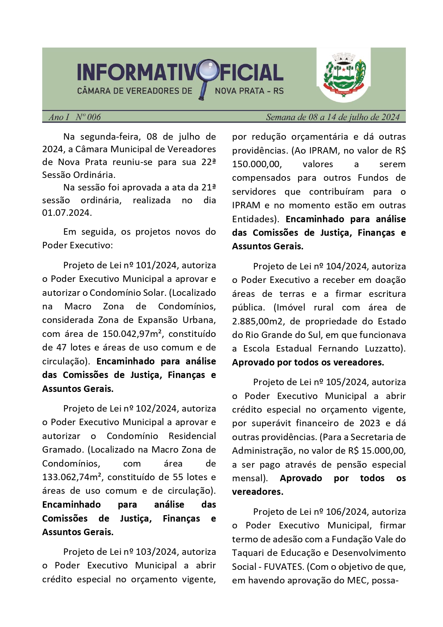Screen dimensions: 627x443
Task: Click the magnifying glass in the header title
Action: tap(208, 71)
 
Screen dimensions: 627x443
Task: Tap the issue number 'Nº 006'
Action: tap(88, 117)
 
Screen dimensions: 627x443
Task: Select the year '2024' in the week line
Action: tap(391, 117)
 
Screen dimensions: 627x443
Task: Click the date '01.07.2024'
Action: tap(66, 213)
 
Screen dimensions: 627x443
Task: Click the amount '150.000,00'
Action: tap(257, 164)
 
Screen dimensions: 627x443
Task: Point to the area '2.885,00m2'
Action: tap(258, 322)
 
